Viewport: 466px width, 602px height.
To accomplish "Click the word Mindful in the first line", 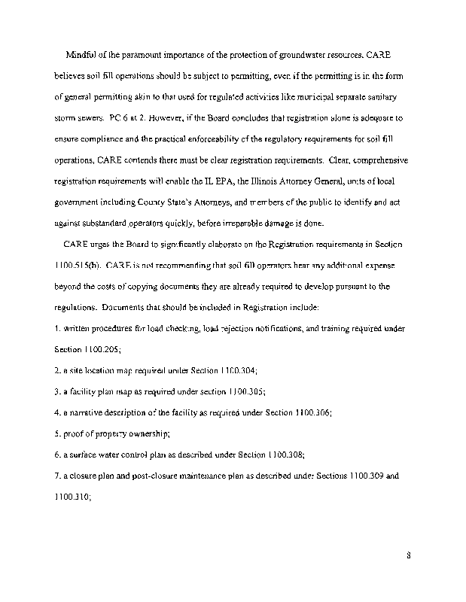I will point(83,56).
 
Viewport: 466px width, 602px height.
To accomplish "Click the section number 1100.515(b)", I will point(78,266).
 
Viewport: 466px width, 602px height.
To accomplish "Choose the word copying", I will point(136,287).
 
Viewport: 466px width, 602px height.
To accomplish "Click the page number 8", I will point(407,557).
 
